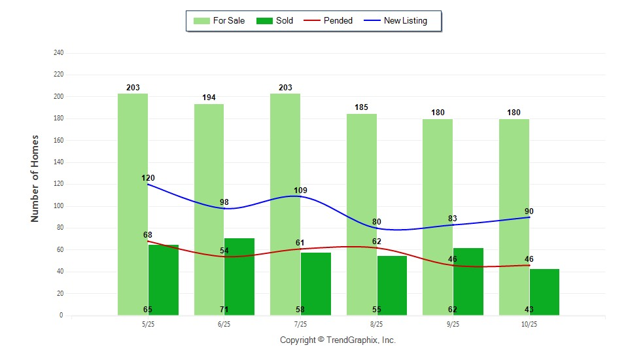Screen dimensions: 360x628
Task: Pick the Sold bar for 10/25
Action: (x=544, y=292)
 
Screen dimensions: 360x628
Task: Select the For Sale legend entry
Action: (x=219, y=21)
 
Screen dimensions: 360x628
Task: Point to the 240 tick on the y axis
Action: (x=59, y=53)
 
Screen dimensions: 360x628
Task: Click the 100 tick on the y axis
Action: (x=59, y=206)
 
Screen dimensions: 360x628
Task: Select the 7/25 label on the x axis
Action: (x=300, y=324)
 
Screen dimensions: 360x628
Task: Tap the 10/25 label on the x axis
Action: (x=529, y=324)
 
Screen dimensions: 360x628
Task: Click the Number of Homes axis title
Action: (x=35, y=179)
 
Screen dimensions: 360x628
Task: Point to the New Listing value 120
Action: (x=148, y=178)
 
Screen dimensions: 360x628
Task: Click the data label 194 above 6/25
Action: (x=209, y=98)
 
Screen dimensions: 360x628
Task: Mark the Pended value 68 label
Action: (x=148, y=234)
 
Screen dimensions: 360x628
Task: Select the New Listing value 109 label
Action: (x=300, y=190)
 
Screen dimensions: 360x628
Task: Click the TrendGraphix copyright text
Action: (x=338, y=340)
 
